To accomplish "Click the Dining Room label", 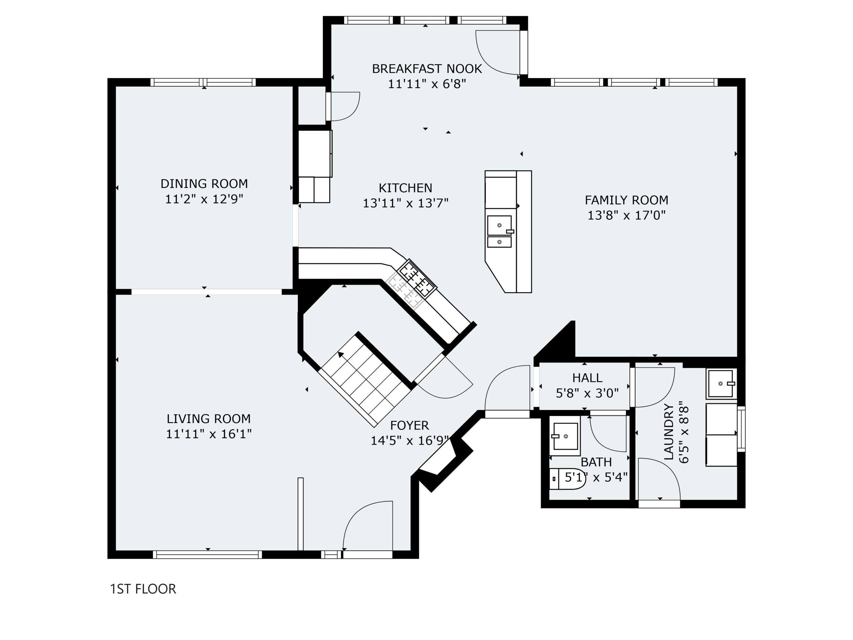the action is (204, 184).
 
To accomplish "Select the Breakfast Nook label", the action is (427, 69).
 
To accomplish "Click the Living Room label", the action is (209, 419).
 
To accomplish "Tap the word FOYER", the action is (410, 426).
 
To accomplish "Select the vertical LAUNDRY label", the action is (669, 432).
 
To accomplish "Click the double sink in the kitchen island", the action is (500, 231).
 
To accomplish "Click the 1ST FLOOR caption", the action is (143, 589).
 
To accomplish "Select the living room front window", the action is (208, 554).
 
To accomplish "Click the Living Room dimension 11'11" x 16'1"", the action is (209, 434).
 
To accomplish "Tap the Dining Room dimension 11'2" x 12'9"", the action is (204, 199).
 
